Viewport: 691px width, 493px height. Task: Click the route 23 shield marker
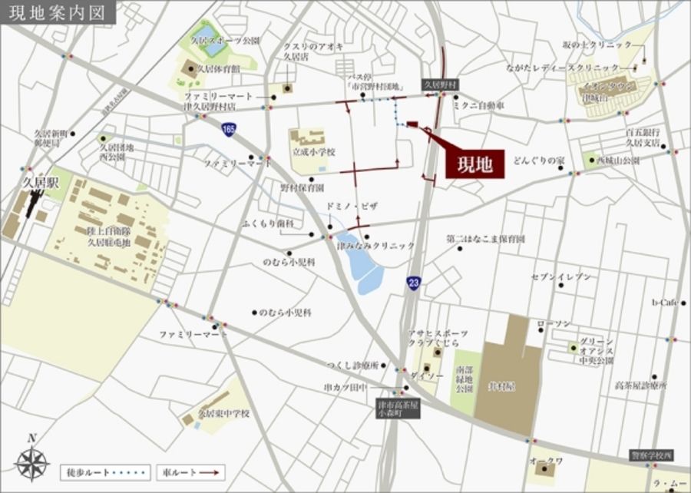click(414, 283)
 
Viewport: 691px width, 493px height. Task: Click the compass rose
click(31, 462)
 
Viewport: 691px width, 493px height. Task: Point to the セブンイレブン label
click(561, 276)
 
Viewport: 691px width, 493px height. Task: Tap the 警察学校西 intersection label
click(651, 455)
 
